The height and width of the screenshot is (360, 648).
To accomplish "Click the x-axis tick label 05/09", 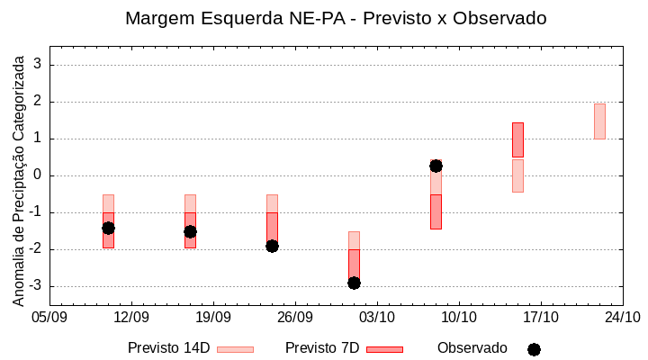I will pos(49,317).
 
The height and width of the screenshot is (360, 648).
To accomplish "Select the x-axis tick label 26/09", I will pos(295,317).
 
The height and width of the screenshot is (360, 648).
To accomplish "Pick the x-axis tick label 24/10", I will pos(622,317).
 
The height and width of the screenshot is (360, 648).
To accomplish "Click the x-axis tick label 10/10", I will pos(459,317).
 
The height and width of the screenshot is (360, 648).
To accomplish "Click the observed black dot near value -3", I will pos(354,283).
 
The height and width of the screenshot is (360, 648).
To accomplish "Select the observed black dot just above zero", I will pos(436,166).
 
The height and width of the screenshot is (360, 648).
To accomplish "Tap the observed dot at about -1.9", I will pos(272,246).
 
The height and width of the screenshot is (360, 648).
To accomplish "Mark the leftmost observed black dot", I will pos(108,228).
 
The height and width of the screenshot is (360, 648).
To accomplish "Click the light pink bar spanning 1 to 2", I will pos(599,121).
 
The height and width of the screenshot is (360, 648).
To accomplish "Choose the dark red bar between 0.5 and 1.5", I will pos(517,139).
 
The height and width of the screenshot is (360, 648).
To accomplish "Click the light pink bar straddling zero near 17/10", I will pos(517,175).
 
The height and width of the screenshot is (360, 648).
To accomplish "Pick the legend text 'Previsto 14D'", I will pos(168,348).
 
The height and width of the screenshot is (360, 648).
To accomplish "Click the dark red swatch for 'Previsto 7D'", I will pos(384,349).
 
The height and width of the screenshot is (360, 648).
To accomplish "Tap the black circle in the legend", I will pos(534,349).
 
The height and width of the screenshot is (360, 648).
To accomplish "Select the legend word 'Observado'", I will pos(472,348).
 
